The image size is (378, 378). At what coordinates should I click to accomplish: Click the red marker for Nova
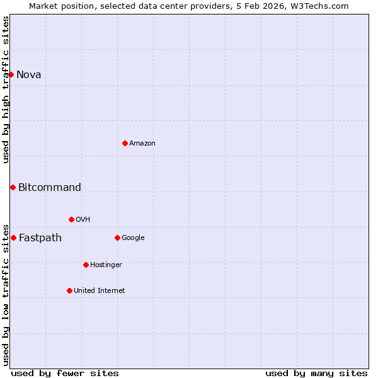[x=11, y=74]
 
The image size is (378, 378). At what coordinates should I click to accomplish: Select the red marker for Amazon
[x=125, y=143]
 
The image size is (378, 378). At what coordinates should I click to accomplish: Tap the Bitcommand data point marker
[x=13, y=187]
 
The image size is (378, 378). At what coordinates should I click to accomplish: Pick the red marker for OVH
[x=71, y=219]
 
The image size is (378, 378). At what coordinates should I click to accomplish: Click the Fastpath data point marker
[x=13, y=238]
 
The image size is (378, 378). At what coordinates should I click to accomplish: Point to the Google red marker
[x=117, y=238]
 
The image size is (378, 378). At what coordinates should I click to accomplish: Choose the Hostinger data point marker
[x=86, y=265]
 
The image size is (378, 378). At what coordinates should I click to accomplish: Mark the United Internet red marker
[x=69, y=290]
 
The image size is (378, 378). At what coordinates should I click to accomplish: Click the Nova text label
[x=29, y=74]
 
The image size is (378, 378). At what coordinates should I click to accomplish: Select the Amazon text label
[x=142, y=143]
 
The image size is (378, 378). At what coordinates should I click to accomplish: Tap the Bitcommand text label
[x=50, y=187]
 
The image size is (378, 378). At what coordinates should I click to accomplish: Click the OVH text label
[x=83, y=219]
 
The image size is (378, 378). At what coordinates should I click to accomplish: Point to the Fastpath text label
[x=40, y=238]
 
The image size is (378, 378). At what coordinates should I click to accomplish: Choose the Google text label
[x=133, y=238]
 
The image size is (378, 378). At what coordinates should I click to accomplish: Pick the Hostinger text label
[x=106, y=265]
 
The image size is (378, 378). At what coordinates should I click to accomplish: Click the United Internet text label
[x=100, y=290]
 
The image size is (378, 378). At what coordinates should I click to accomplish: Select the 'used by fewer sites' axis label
[x=65, y=373]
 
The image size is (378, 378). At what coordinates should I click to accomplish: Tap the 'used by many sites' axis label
[x=316, y=373]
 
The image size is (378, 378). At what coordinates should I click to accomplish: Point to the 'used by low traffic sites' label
[x=6, y=294]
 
